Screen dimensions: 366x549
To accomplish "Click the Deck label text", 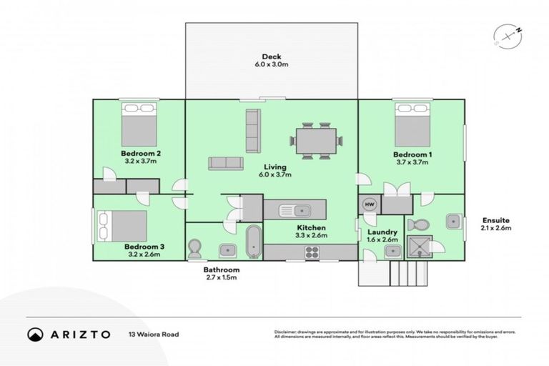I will point(271,56).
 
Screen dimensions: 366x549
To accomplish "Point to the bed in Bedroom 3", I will point(122,225).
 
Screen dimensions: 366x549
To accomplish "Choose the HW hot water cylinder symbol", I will point(370,204).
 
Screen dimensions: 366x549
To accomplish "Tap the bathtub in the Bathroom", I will point(254,242).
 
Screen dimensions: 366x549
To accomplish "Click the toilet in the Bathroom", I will point(194,249).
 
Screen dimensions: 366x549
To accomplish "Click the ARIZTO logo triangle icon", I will point(35,334).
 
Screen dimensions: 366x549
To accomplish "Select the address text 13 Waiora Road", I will point(154,334).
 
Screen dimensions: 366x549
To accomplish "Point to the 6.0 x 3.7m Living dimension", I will point(274,174).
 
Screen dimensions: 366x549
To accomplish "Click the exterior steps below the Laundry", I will point(407,272).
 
